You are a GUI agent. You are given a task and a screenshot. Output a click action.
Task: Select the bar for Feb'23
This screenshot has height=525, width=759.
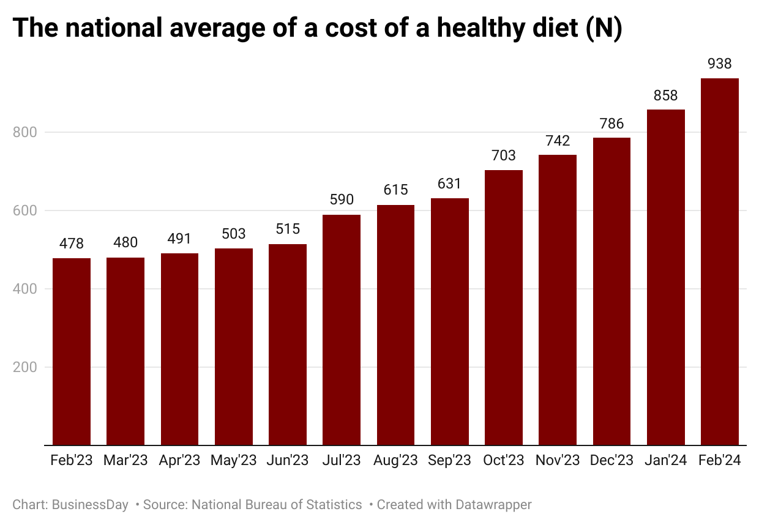72,352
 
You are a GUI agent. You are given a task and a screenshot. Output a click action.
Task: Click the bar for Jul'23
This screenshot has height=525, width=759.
342,330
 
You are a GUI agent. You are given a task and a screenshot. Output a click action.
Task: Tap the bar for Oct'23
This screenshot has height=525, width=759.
504,308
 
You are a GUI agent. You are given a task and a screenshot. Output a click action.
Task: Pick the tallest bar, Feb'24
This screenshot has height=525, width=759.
720,262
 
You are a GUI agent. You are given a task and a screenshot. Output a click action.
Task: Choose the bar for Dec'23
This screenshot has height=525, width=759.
611,291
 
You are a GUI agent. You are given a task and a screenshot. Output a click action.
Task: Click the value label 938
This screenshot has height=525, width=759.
720,64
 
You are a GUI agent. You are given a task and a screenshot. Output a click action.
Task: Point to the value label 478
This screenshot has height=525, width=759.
72,244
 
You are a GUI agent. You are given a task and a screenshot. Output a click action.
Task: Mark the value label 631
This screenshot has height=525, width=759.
450,184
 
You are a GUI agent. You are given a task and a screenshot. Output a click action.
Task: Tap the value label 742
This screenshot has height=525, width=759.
558,141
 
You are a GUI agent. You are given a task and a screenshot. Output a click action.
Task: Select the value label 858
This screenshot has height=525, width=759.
665,95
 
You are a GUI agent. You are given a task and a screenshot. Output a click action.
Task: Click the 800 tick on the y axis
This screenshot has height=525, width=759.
24,132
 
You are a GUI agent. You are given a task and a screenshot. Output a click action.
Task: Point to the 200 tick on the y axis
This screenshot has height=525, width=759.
24,367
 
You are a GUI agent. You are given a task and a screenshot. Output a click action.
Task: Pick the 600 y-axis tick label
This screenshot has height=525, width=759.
24,210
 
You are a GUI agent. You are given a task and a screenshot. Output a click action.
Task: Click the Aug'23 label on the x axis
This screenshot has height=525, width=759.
395,461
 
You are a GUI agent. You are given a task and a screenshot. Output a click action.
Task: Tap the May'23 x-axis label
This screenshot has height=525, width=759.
233,461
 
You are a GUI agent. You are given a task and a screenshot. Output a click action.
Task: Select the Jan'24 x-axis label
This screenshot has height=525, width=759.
665,461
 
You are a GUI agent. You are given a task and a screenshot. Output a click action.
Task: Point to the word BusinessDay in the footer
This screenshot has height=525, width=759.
90,505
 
